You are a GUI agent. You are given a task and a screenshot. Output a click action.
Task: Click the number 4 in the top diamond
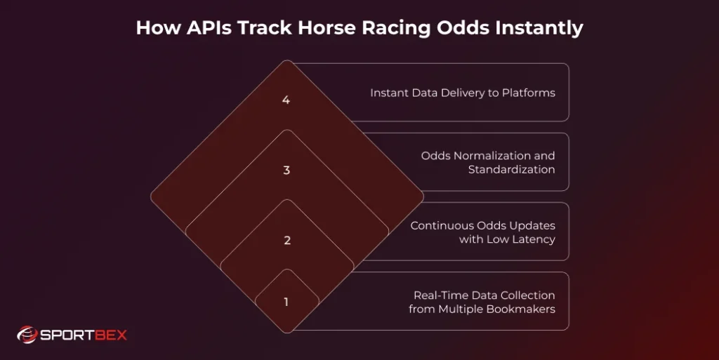click(x=286, y=100)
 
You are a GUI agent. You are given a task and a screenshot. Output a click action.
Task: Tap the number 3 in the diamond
click(x=286, y=171)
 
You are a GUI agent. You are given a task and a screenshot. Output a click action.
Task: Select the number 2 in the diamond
click(x=286, y=241)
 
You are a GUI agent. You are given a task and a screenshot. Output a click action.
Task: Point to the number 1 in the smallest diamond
click(x=286, y=302)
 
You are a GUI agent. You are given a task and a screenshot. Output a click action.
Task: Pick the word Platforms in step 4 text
click(x=528, y=93)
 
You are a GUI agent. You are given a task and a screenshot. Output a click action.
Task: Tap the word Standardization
click(x=511, y=170)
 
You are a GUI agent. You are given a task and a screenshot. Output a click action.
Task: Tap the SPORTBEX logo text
click(x=83, y=335)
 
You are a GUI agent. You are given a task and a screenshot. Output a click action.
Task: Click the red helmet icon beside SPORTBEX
click(x=27, y=335)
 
